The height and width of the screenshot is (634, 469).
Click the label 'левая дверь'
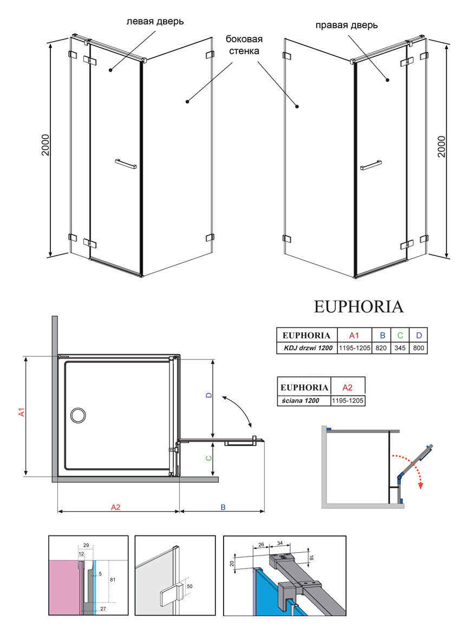click(155, 22)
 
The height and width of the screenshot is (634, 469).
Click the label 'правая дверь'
click(347, 25)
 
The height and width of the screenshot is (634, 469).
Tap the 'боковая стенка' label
click(244, 45)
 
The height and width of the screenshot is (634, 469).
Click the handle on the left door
click(126, 164)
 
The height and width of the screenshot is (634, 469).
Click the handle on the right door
click(371, 165)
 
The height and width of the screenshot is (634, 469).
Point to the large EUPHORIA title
click(359, 307)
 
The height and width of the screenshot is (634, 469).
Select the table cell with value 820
click(381, 348)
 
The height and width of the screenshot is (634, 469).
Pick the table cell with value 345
click(400, 348)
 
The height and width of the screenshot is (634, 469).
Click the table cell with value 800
click(419, 348)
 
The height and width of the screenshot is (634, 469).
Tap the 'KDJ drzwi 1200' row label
click(308, 348)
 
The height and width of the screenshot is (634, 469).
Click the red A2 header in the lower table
click(347, 387)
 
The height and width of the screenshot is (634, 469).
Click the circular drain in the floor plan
click(77, 415)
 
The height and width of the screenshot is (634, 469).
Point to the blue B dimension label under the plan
click(223, 507)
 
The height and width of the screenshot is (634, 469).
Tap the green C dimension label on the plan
click(209, 458)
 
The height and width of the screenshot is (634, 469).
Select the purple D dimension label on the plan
click(209, 395)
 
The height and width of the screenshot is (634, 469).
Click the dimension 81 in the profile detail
click(113, 579)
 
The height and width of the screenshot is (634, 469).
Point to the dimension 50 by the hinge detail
click(190, 586)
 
